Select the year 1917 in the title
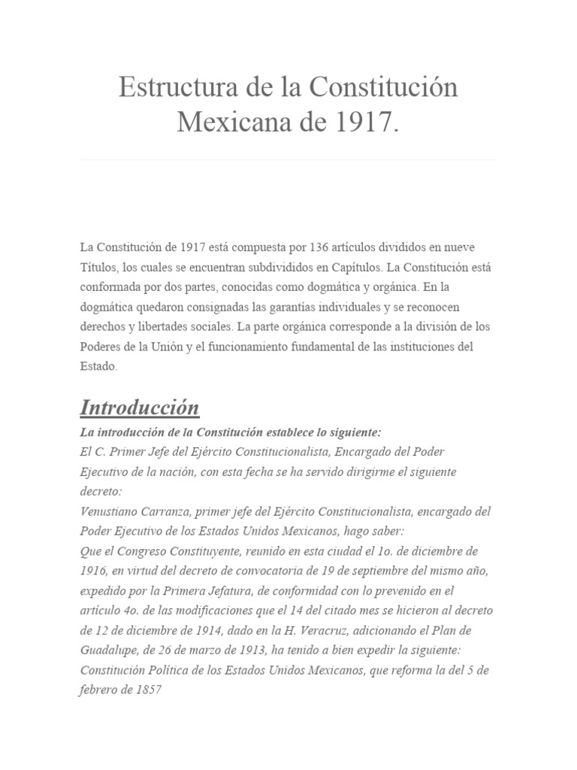366,121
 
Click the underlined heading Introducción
140,408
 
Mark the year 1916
92,571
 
